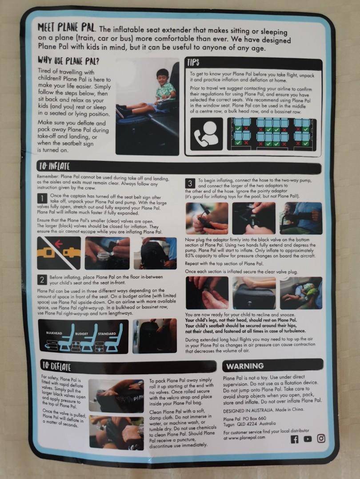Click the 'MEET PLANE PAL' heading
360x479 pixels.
tap(66, 27)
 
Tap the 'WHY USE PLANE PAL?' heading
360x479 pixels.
tap(68, 61)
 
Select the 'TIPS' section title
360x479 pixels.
tap(193, 63)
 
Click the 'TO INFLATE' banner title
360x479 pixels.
tap(54, 166)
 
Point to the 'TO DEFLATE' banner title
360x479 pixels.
tap(56, 365)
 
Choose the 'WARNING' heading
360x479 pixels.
tap(244, 365)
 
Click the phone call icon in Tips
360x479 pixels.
tap(206, 134)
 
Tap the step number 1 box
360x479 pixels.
tap(42, 198)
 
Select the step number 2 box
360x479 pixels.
tap(42, 279)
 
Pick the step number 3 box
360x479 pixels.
tap(190, 183)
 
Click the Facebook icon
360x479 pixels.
tap(294, 439)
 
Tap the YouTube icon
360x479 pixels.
tap(308, 439)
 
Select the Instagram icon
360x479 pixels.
tap(320, 438)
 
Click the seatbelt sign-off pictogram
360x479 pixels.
tap(59, 253)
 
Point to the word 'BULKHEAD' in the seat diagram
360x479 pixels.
tap(54, 333)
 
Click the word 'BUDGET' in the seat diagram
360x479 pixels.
tap(81, 334)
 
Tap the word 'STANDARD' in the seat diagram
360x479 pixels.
tap(107, 334)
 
